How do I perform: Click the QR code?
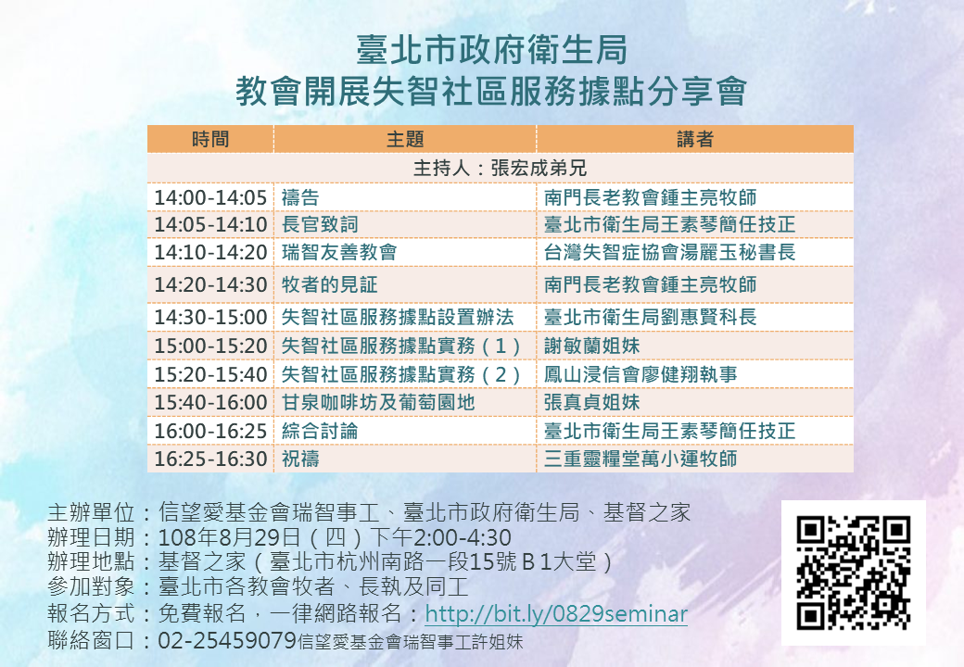pyautogui.click(x=854, y=573)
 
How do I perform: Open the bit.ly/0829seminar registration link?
pyautogui.click(x=556, y=614)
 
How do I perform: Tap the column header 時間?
pyautogui.click(x=210, y=139)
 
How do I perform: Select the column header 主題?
pyautogui.click(x=405, y=139)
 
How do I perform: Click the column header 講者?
pyautogui.click(x=694, y=139)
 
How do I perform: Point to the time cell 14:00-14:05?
pyautogui.click(x=210, y=197)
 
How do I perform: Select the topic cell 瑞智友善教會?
pyautogui.click(x=339, y=252)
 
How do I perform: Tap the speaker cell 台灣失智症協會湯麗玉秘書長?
pyautogui.click(x=670, y=252)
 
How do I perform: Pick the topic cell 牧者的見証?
pyautogui.click(x=330, y=285)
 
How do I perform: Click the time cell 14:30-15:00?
pyautogui.click(x=210, y=317)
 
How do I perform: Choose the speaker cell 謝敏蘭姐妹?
pyautogui.click(x=592, y=346)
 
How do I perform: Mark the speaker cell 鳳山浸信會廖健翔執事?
pyautogui.click(x=641, y=374)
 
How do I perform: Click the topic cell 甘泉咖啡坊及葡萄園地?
pyautogui.click(x=378, y=402)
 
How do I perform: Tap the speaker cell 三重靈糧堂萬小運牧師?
pyautogui.click(x=641, y=459)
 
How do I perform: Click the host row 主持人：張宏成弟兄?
pyautogui.click(x=500, y=168)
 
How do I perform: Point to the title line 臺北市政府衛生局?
pyautogui.click(x=492, y=50)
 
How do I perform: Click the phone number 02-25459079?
pyautogui.click(x=227, y=640)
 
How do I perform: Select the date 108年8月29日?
pyautogui.click(x=229, y=537)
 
